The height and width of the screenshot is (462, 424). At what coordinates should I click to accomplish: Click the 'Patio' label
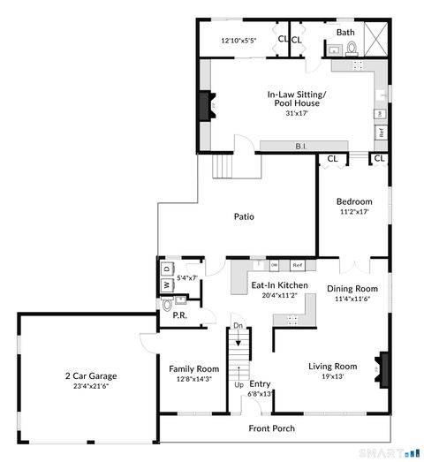(x=245, y=216)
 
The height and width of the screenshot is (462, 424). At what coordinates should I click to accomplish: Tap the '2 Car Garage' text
(x=90, y=375)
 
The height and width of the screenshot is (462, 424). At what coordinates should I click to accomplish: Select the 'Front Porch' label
(x=271, y=429)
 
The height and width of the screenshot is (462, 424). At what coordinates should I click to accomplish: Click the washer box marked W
(x=165, y=284)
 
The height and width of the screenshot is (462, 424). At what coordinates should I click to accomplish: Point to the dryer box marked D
(x=165, y=269)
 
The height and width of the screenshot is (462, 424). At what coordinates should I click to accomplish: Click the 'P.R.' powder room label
(x=178, y=314)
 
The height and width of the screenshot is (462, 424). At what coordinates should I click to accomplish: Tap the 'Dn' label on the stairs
(x=236, y=326)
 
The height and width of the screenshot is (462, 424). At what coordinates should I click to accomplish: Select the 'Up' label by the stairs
(x=238, y=385)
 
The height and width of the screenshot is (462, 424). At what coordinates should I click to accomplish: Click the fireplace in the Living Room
(x=382, y=367)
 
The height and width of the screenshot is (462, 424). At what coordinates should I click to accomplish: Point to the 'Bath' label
(x=344, y=33)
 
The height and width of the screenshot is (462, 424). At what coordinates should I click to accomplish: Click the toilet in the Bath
(x=352, y=48)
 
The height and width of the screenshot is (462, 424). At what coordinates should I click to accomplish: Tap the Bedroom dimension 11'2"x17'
(x=352, y=212)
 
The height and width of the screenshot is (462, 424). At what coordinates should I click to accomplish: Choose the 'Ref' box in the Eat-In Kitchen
(x=298, y=265)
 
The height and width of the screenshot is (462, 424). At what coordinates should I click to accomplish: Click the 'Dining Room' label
(x=352, y=289)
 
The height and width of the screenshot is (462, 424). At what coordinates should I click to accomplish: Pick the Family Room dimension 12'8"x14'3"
(x=194, y=379)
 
